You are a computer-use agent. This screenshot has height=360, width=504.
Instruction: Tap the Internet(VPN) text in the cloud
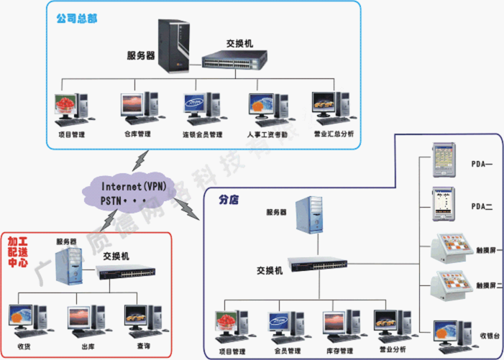click(x=133, y=187)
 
